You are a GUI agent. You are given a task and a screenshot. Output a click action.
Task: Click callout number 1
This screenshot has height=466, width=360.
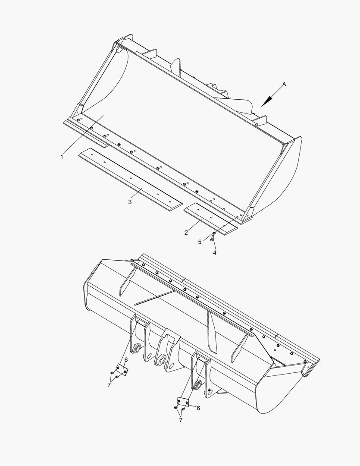click(x=62, y=157)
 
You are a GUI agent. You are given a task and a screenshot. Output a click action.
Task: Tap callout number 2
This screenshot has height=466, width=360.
click(x=186, y=233)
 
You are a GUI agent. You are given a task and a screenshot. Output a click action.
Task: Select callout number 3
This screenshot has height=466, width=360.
click(x=130, y=202)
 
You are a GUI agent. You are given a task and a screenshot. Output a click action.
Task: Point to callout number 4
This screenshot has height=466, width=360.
click(x=214, y=252)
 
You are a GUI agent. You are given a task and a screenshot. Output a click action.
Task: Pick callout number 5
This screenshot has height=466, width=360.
click(x=200, y=242)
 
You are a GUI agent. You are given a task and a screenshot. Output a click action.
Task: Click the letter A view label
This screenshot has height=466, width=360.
click(x=284, y=85)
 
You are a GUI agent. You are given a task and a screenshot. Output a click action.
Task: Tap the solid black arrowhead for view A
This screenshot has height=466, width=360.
click(x=267, y=101)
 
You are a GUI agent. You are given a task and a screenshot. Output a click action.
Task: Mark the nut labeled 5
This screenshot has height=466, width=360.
click(x=214, y=233)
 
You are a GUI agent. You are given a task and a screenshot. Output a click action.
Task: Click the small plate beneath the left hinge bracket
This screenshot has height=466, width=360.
click(x=122, y=370)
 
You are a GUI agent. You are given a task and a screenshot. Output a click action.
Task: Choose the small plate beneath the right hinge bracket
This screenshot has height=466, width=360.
click(x=183, y=402)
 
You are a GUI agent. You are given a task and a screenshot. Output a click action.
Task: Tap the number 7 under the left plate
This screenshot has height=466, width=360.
click(x=109, y=385)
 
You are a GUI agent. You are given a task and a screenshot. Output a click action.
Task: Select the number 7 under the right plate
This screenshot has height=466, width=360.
click(x=181, y=420)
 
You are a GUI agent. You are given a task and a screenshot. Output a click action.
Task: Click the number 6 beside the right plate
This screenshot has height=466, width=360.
click(x=198, y=408)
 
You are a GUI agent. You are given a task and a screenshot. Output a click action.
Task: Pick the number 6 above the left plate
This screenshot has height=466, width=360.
click(x=126, y=360)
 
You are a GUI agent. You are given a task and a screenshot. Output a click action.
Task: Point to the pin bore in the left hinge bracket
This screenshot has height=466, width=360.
click(x=138, y=348)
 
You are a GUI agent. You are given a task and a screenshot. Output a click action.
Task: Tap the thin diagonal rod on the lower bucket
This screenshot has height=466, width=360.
click(x=154, y=298)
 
